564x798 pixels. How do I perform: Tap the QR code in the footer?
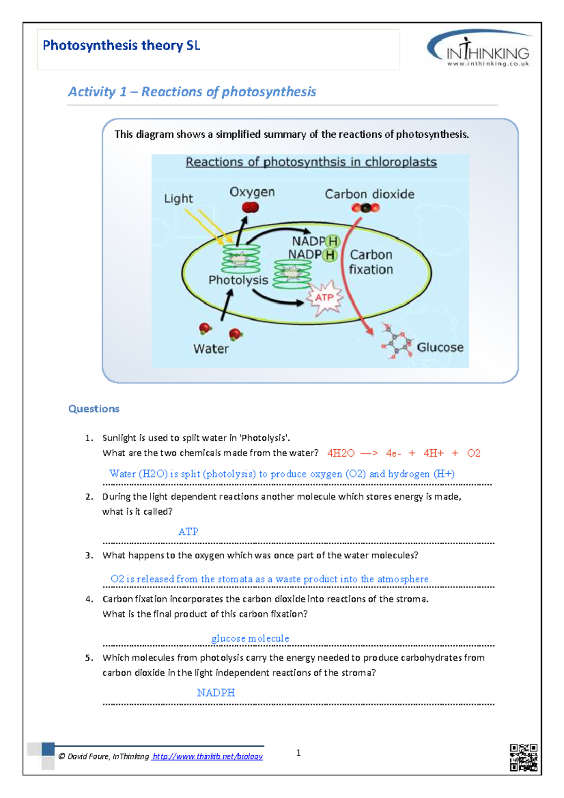tap(524, 757)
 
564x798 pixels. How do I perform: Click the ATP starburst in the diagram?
tap(324, 297)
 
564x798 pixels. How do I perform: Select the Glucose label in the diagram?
tap(440, 347)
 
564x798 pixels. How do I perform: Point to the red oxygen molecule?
tap(250, 207)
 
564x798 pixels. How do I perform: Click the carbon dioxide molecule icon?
tap(366, 208)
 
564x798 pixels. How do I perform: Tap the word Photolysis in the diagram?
tap(238, 280)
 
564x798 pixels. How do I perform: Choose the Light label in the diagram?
tap(178, 198)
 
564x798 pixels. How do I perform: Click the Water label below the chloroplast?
tap(211, 349)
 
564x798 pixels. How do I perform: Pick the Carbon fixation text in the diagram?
tap(371, 262)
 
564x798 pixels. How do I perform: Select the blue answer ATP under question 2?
tap(188, 532)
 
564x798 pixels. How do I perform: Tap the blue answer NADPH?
tap(216, 693)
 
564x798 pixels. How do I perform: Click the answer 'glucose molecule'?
tap(250, 638)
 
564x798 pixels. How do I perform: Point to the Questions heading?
tap(94, 409)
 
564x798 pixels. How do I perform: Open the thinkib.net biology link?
tap(207, 756)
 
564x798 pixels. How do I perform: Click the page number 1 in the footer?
tap(298, 753)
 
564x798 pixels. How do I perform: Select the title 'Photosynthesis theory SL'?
tap(121, 46)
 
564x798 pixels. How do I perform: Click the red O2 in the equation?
tap(474, 453)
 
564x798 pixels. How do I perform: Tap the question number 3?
tap(89, 555)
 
